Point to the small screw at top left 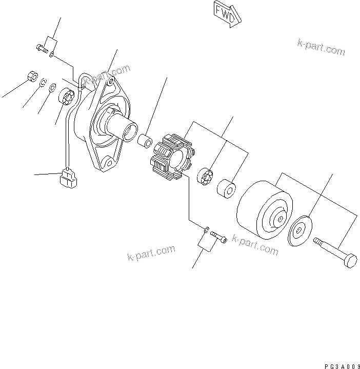pyautogui.click(x=41, y=49)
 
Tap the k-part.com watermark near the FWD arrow pyautogui.click(x=321, y=47)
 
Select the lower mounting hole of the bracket pyautogui.click(x=108, y=165)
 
